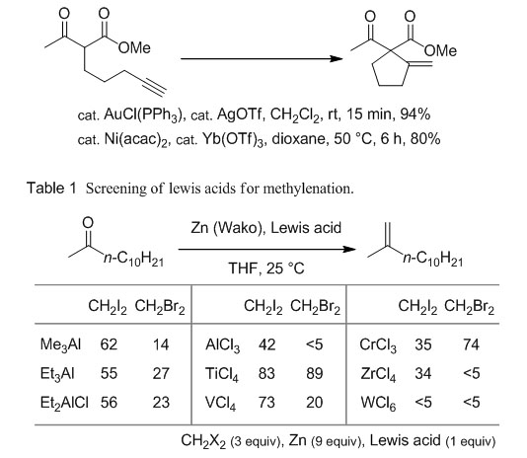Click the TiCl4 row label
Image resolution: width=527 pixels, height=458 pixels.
pos(222,374)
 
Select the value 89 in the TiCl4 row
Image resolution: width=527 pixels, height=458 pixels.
pos(315,373)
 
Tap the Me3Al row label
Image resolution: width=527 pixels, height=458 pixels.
pos(60,345)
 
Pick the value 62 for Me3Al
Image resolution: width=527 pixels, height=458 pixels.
pos(109,344)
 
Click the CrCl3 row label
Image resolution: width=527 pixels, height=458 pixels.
pos(378,345)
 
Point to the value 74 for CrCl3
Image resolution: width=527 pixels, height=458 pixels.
pos(471,344)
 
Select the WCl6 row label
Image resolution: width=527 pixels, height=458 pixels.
pos(378,403)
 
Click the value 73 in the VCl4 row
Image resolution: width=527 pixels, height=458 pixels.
pos(266,402)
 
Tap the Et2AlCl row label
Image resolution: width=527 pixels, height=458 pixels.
pos(64,403)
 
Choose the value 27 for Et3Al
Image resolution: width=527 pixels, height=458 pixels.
pos(161,373)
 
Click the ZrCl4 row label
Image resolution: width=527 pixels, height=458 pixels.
pos(378,374)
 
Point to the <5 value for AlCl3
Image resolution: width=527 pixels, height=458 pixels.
pos(314,344)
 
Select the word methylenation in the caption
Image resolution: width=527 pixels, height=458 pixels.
pos(308,189)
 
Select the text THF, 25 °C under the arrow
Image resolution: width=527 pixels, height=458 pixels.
pos(266,268)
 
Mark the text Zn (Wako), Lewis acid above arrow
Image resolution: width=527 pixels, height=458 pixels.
pos(266,228)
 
